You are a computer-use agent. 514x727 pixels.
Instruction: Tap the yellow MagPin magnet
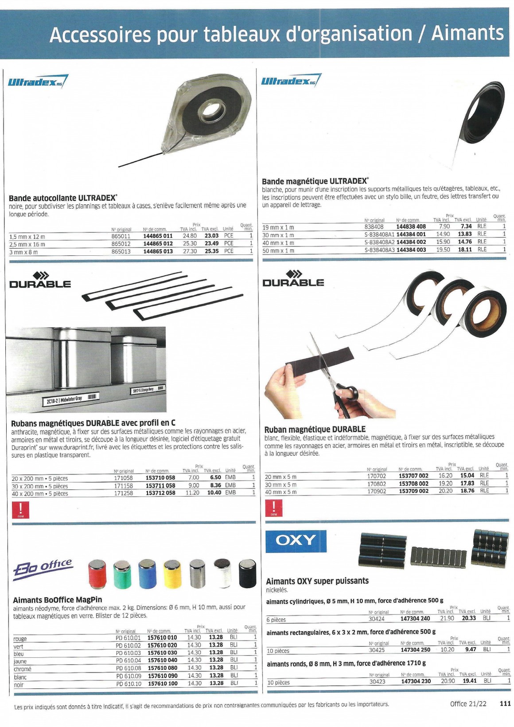point(172,573)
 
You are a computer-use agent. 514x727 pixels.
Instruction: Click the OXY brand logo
point(296,540)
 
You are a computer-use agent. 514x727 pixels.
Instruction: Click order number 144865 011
point(158,236)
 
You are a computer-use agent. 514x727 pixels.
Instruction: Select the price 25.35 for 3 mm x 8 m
point(212,251)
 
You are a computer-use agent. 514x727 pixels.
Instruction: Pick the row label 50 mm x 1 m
point(278,250)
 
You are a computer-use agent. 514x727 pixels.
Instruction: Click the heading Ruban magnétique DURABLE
point(315,429)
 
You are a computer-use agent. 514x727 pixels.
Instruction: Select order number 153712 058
point(160,493)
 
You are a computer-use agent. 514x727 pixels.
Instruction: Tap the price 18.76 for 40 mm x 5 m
point(467,491)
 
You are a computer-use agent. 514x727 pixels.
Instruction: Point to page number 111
point(505,704)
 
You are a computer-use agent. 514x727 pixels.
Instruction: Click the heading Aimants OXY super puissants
point(317,581)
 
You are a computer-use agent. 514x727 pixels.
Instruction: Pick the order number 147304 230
point(416,681)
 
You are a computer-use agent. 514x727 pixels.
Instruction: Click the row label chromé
point(23,669)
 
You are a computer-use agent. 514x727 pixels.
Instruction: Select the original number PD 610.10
point(128,684)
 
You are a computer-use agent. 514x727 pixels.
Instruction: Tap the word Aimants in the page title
point(467,33)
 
